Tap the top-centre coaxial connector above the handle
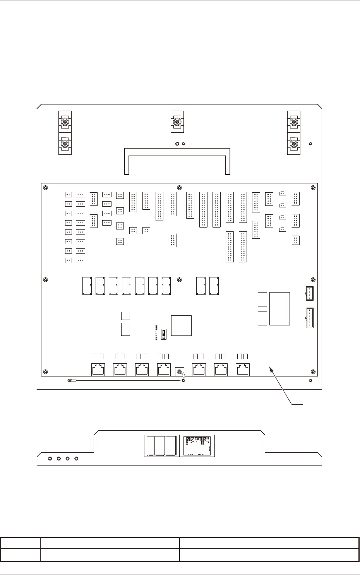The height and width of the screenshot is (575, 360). pyautogui.click(x=177, y=122)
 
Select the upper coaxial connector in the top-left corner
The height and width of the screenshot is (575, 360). pyautogui.click(x=65, y=122)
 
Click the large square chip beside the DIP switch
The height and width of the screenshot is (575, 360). pyautogui.click(x=182, y=325)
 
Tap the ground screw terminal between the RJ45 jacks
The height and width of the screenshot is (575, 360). pyautogui.click(x=180, y=372)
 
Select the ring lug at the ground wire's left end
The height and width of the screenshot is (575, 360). pyautogui.click(x=70, y=381)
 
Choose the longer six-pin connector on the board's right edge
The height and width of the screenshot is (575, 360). pyautogui.click(x=310, y=318)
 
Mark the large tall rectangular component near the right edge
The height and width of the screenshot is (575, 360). pyautogui.click(x=279, y=308)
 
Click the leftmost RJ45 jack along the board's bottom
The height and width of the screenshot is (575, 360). pyautogui.click(x=98, y=370)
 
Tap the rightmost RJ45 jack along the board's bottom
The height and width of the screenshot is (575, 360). pyautogui.click(x=243, y=370)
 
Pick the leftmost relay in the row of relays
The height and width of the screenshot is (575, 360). pyautogui.click(x=87, y=286)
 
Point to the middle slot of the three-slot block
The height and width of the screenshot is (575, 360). pyautogui.click(x=160, y=446)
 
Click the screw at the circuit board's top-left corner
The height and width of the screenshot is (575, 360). pyautogui.click(x=46, y=188)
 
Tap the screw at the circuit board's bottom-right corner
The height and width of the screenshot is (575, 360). pyautogui.click(x=313, y=372)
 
